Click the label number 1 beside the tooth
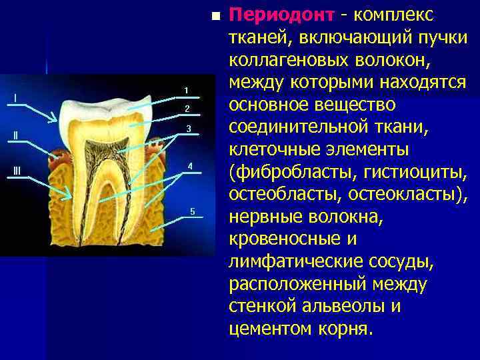click(187, 90)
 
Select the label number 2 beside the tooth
click(187, 109)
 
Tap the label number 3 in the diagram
click(189, 128)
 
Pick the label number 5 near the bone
click(192, 211)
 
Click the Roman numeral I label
click(15, 98)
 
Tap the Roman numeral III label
click(17, 171)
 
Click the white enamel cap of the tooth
click(107, 107)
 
